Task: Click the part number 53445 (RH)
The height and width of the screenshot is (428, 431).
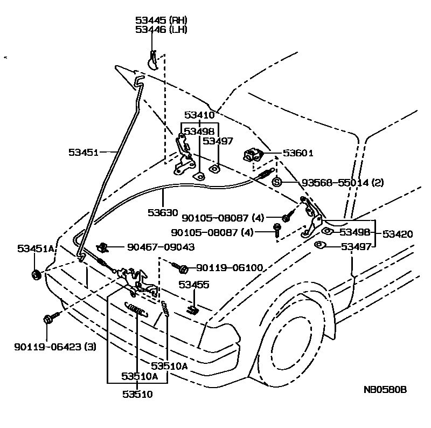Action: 161,20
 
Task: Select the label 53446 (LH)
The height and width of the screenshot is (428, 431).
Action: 161,30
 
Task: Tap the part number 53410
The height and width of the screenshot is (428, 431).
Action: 199,115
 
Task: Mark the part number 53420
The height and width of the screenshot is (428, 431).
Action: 398,234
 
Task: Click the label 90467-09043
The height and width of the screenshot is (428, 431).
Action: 161,247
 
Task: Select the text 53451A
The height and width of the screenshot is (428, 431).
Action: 36,248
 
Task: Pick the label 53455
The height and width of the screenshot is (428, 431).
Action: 194,285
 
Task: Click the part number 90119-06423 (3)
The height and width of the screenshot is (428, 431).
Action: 55,347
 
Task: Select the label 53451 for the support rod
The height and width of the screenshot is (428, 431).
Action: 83,153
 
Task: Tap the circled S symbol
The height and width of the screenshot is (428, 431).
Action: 277,182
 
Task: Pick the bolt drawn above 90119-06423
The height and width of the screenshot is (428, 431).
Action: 48,319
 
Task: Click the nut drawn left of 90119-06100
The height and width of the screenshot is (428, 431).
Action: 182,268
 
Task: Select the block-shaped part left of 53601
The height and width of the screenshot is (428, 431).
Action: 252,154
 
